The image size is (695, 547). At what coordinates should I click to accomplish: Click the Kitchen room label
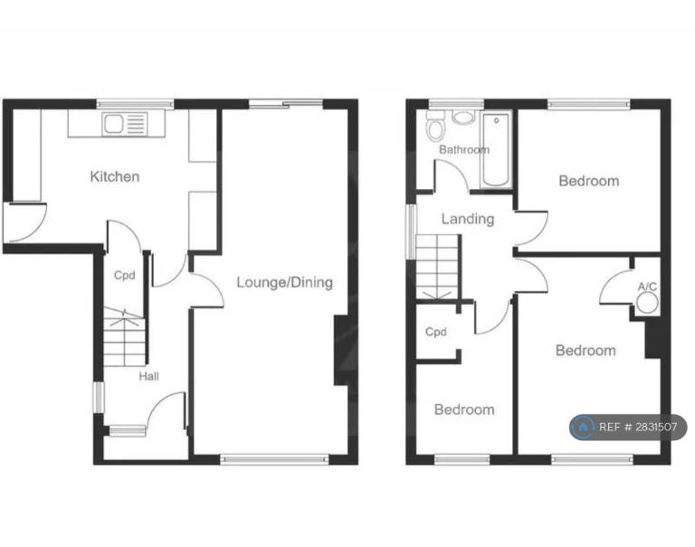click(x=115, y=176)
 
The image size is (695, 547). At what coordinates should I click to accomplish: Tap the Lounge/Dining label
click(x=284, y=283)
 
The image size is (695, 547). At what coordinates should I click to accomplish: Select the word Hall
click(x=149, y=376)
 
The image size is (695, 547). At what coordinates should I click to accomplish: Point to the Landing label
click(x=468, y=219)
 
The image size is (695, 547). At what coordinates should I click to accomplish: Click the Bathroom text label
click(x=464, y=150)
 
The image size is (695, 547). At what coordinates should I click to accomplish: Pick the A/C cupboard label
click(x=647, y=287)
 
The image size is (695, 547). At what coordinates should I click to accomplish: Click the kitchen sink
click(x=113, y=124)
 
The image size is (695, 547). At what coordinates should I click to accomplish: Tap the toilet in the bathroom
click(x=434, y=126)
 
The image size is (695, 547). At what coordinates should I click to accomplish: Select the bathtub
click(x=496, y=150)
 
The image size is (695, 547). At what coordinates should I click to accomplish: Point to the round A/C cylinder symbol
click(x=647, y=304)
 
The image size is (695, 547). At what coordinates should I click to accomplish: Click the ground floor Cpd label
click(x=125, y=276)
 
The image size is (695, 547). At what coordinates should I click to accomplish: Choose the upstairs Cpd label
click(x=435, y=332)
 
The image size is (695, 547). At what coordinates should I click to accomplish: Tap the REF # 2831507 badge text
click(x=638, y=427)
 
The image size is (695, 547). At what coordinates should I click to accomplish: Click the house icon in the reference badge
click(x=584, y=427)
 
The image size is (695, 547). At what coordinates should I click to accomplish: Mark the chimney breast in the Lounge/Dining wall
click(x=340, y=350)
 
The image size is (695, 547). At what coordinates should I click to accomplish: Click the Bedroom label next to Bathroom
click(x=589, y=181)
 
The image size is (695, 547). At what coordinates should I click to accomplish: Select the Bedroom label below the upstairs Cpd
click(x=464, y=410)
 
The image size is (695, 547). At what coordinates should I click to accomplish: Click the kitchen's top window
click(x=136, y=105)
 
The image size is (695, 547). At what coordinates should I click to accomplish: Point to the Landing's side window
click(x=412, y=231)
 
